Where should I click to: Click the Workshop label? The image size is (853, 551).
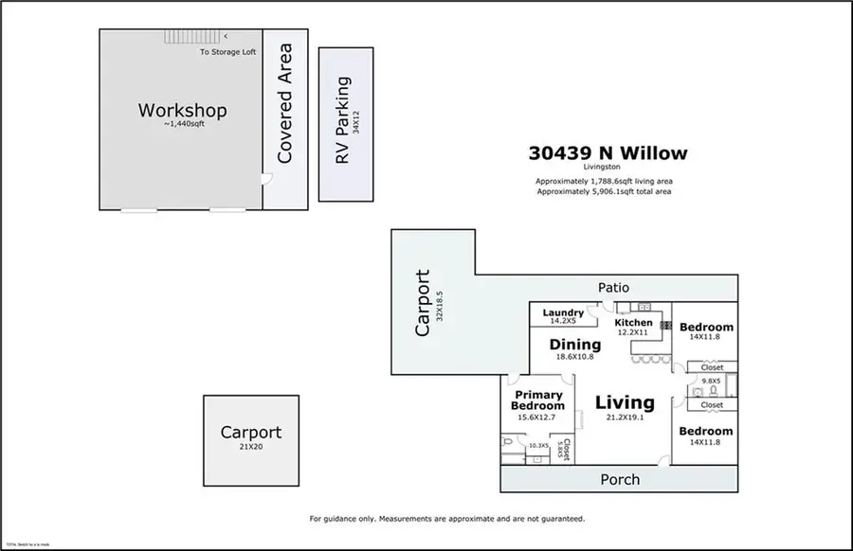click(x=182, y=111)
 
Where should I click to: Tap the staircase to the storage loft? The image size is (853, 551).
click(x=186, y=36)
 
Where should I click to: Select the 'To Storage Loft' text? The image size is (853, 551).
click(x=227, y=52)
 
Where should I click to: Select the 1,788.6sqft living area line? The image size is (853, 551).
click(x=606, y=180)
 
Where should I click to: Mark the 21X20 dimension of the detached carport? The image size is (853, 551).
click(x=250, y=447)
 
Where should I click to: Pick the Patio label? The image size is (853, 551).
click(x=612, y=288)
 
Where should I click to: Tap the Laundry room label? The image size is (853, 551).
click(x=563, y=312)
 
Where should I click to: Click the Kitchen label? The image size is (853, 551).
click(x=633, y=323)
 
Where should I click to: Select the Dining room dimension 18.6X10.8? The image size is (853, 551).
click(x=574, y=357)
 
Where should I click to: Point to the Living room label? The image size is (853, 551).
click(x=625, y=402)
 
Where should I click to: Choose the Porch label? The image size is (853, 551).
click(x=620, y=479)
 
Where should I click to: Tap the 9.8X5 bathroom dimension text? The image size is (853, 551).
click(x=711, y=381)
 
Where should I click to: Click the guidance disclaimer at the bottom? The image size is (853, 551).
click(x=446, y=519)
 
